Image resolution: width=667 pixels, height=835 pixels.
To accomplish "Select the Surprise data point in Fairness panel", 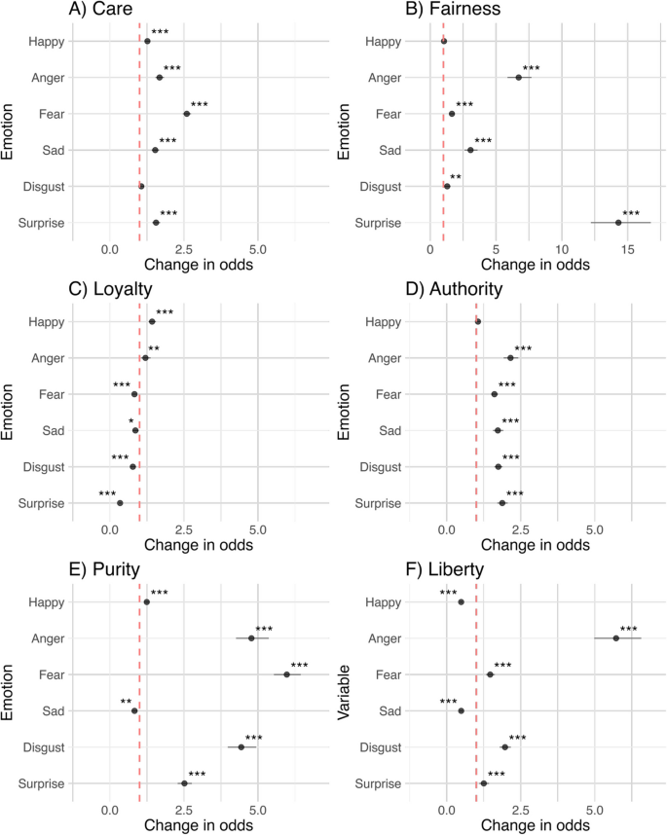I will click(618, 223).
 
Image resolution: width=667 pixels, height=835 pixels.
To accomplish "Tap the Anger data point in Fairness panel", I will click(519, 78).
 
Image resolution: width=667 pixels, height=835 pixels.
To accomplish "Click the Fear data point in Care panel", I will click(187, 114).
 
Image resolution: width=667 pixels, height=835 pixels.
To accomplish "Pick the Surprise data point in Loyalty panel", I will click(120, 503).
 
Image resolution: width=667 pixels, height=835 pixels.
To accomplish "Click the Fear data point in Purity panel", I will click(287, 674).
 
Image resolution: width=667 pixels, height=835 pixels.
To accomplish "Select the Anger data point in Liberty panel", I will click(616, 638).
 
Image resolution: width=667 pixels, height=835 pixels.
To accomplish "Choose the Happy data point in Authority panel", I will click(478, 321).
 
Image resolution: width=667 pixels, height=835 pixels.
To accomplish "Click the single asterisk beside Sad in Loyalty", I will click(131, 421).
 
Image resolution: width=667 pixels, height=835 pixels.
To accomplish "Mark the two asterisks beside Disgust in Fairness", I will click(456, 178).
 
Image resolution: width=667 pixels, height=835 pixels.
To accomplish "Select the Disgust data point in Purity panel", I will click(241, 747).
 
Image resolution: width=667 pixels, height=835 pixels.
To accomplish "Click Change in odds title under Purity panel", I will click(199, 824).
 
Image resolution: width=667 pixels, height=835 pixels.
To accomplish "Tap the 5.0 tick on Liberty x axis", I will click(595, 807).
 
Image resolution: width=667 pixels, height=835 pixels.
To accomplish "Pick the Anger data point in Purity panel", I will click(251, 638).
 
